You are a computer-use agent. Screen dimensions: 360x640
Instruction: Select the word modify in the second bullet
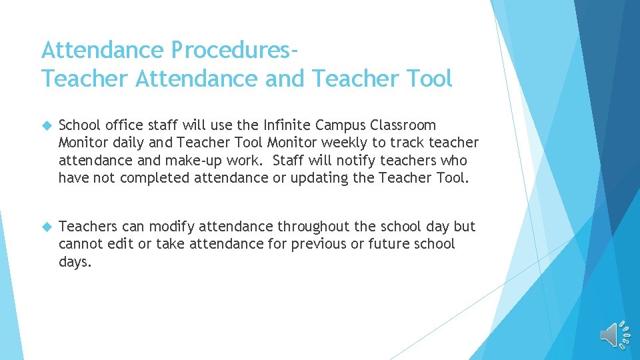(x=171, y=226)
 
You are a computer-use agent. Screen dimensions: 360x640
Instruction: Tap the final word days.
(x=74, y=262)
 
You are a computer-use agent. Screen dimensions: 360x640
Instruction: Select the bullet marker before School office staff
(x=46, y=125)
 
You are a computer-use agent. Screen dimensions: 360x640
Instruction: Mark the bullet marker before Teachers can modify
(x=46, y=227)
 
